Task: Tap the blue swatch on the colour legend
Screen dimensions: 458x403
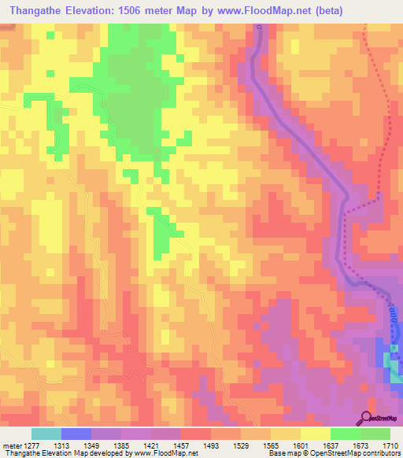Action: (76, 434)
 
